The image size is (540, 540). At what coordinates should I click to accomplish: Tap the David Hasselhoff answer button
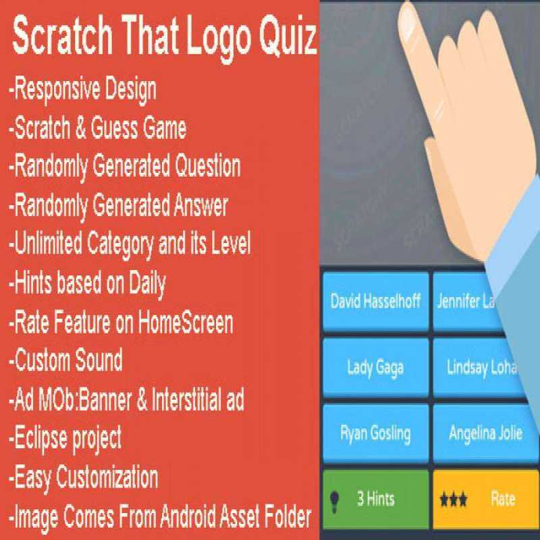pyautogui.click(x=375, y=301)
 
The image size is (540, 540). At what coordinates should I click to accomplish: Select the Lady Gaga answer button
pyautogui.click(x=375, y=367)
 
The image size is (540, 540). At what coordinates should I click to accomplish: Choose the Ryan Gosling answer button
pyautogui.click(x=375, y=433)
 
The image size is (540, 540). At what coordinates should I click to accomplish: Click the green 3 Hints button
pyautogui.click(x=375, y=499)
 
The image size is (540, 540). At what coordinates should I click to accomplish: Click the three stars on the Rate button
pyautogui.click(x=454, y=500)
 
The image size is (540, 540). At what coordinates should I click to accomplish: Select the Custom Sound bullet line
pyautogui.click(x=65, y=359)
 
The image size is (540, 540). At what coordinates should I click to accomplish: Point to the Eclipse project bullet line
pyautogui.click(x=65, y=438)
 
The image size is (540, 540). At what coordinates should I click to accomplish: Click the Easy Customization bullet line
pyautogui.click(x=84, y=477)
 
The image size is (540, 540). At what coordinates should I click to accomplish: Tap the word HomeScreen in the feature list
pyautogui.click(x=186, y=323)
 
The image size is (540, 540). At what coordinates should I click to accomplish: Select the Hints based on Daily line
pyautogui.click(x=87, y=283)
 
